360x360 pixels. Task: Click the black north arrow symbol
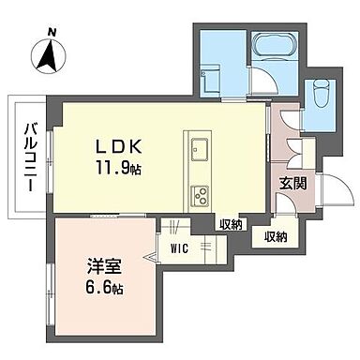pyautogui.click(x=47, y=58)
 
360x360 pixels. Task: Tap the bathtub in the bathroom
pyautogui.click(x=271, y=46)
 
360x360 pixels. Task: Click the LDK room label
pyautogui.click(x=117, y=147)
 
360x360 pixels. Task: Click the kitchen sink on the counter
pyautogui.click(x=200, y=148)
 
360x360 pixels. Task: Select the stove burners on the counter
pyautogui.click(x=200, y=195)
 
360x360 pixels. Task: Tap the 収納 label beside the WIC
pyautogui.click(x=231, y=225)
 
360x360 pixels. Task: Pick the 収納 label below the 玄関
pyautogui.click(x=276, y=237)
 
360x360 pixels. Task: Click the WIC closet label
pyautogui.click(x=180, y=249)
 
